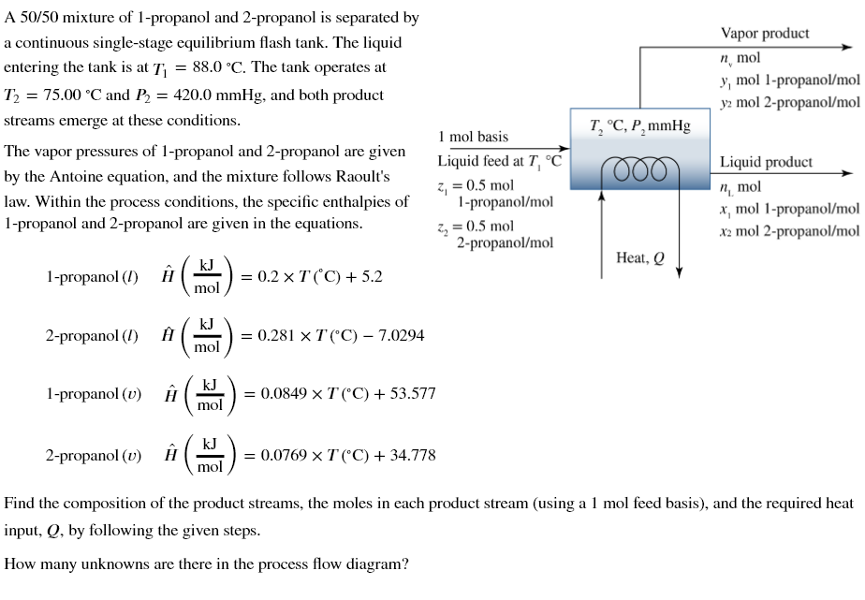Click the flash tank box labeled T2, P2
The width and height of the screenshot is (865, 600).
coord(640,150)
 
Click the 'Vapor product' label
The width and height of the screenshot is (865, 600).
coord(765,34)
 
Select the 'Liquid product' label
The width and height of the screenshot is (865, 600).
coord(766,162)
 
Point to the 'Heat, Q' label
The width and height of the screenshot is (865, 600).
coord(640,257)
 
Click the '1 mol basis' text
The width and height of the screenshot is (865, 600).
coord(473,137)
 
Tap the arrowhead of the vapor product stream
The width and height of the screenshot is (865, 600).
coord(849,46)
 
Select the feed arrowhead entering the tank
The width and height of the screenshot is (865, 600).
coord(564,148)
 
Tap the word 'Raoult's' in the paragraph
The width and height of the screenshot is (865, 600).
coord(360,177)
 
